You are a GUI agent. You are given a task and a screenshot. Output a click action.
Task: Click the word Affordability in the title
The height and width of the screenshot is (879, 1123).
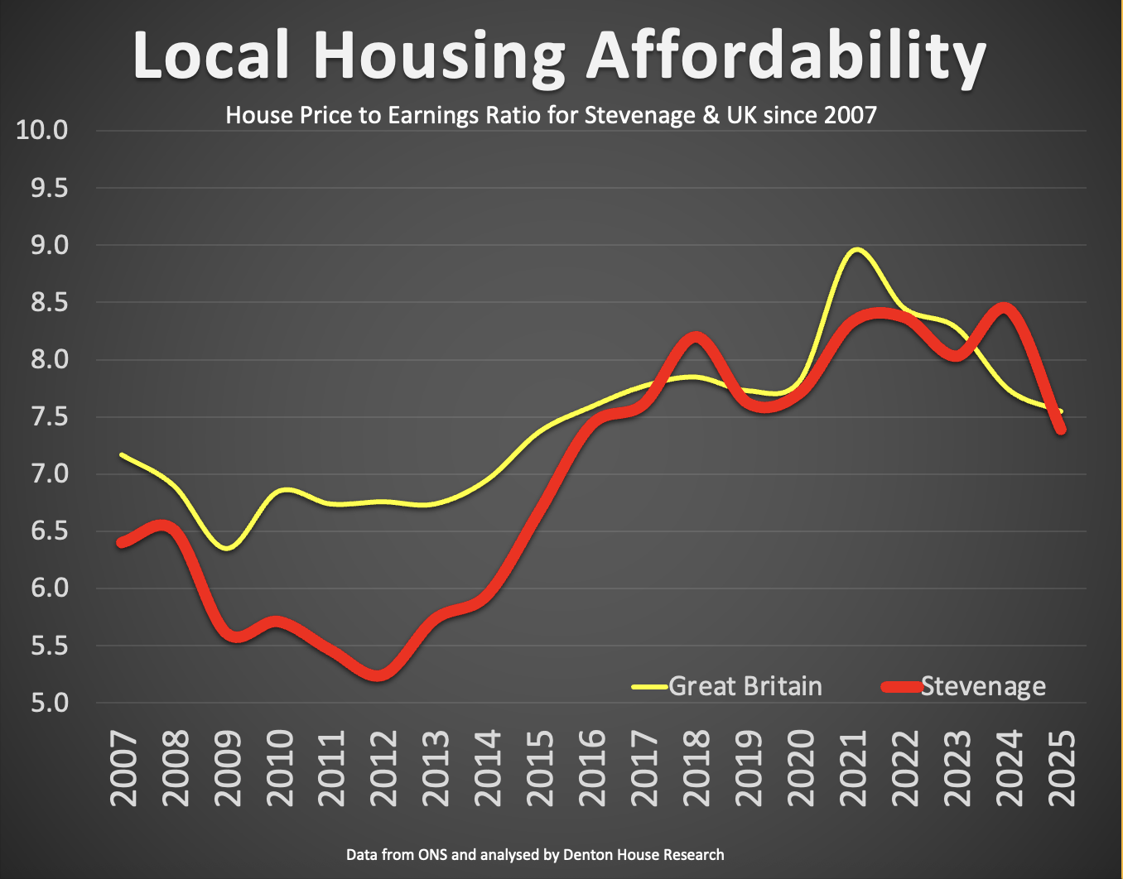point(786,56)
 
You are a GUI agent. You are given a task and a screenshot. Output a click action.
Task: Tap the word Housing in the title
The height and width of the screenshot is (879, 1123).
point(439,56)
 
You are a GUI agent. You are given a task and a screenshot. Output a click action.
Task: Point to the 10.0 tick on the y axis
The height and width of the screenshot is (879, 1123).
point(42,131)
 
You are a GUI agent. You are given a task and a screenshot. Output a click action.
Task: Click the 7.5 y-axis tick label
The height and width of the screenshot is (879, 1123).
point(42,416)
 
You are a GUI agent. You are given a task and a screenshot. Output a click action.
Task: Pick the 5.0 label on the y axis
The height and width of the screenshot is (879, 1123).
point(42,704)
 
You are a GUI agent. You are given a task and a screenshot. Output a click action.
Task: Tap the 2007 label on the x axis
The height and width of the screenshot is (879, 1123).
point(123,767)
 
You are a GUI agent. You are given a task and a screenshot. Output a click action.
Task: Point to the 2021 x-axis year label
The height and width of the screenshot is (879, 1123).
point(853,767)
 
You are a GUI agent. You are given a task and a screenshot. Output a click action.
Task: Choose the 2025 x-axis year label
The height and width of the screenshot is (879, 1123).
point(1062,767)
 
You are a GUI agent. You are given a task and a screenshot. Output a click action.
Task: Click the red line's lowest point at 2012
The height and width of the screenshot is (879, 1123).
point(378,675)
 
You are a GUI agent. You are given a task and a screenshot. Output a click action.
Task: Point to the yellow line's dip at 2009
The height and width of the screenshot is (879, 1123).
point(228,548)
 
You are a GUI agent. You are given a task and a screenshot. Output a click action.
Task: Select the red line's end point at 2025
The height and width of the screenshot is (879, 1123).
point(1060,428)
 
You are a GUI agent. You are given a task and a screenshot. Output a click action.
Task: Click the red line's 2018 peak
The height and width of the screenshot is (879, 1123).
point(695,337)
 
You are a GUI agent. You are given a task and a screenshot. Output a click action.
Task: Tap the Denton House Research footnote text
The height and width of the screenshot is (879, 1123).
point(643,855)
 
